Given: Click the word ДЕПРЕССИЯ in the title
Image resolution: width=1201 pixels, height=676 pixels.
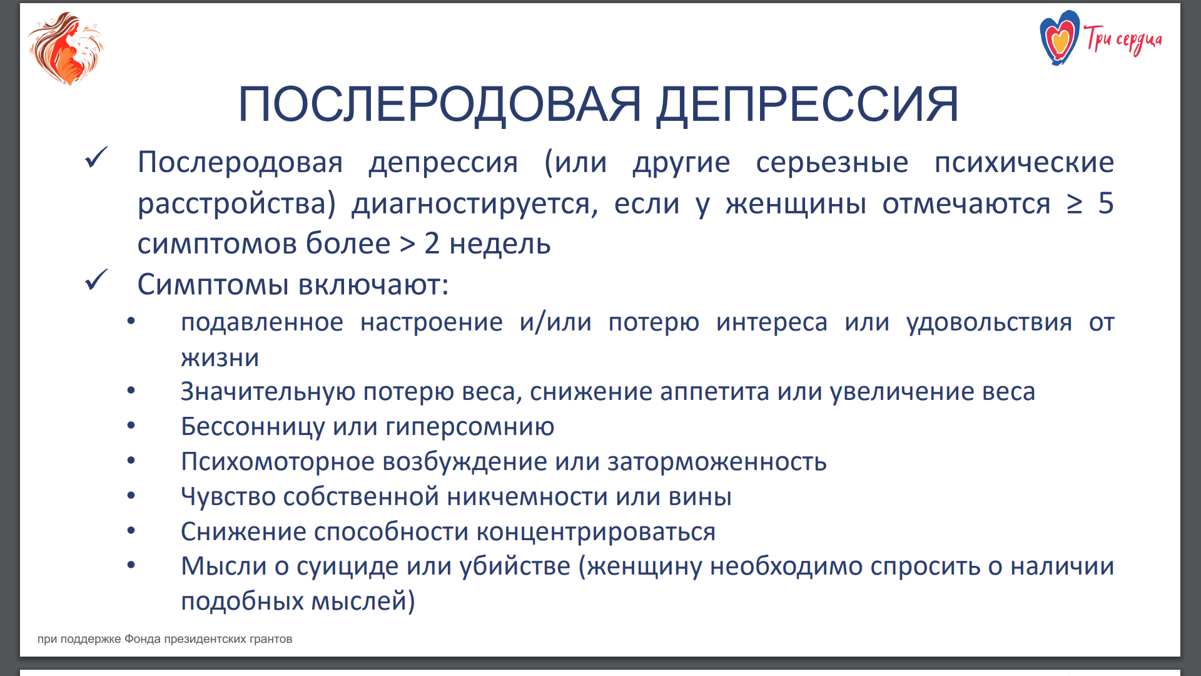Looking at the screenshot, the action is pyautogui.click(x=807, y=104).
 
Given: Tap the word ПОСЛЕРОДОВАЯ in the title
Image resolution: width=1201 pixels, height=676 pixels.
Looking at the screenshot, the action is pyautogui.click(x=440, y=104).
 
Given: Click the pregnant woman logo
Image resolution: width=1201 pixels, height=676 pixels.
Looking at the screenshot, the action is pyautogui.click(x=66, y=48).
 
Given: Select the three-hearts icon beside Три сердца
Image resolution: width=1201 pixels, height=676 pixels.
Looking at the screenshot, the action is pyautogui.click(x=1059, y=38).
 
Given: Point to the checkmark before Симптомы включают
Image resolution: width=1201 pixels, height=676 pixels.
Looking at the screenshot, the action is pyautogui.click(x=96, y=280).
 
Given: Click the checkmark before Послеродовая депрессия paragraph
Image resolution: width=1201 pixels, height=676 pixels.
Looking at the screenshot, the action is pyautogui.click(x=96, y=158).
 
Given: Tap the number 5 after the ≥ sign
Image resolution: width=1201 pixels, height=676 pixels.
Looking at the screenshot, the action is pyautogui.click(x=1106, y=203).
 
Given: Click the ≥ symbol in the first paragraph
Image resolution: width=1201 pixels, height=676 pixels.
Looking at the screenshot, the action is pyautogui.click(x=1074, y=204).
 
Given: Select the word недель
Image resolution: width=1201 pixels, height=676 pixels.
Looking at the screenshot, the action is pyautogui.click(x=500, y=243).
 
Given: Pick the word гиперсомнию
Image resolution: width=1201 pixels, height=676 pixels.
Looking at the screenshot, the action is pyautogui.click(x=470, y=428).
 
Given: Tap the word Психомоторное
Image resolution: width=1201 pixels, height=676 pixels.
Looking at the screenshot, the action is pyautogui.click(x=278, y=462).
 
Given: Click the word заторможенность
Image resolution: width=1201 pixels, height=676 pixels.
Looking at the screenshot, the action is pyautogui.click(x=717, y=462).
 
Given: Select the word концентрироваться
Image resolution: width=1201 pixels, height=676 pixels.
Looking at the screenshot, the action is pyautogui.click(x=595, y=532).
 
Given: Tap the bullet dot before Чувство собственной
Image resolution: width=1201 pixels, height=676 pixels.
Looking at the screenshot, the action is pyautogui.click(x=131, y=496).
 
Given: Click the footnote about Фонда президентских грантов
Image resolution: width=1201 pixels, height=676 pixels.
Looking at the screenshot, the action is pyautogui.click(x=165, y=639).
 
